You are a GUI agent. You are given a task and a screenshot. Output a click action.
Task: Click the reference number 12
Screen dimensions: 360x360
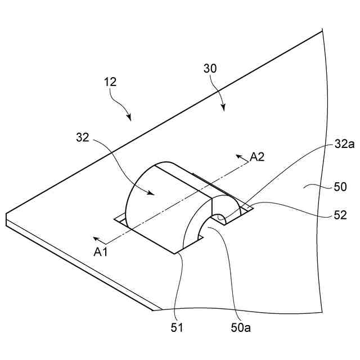click(110, 82)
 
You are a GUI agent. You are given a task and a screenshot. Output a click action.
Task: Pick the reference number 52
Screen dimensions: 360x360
click(340, 215)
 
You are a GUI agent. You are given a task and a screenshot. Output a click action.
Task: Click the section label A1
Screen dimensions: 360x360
click(101, 253)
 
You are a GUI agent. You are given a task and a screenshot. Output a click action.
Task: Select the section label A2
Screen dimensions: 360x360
click(257, 157)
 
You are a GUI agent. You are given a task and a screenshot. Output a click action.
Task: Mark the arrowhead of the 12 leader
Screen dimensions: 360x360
click(130, 119)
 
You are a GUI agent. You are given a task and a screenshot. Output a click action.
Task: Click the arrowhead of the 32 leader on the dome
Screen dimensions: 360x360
click(153, 193)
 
